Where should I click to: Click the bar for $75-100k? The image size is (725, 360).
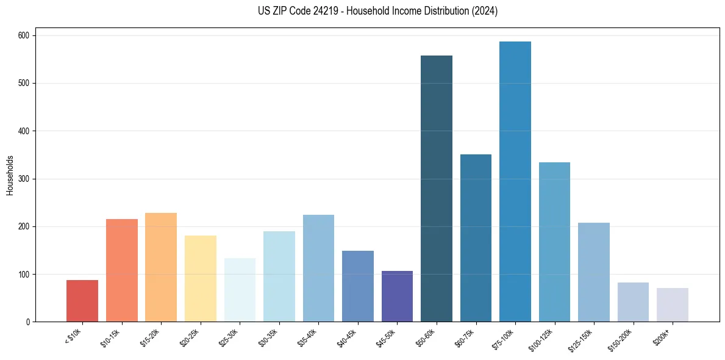[x=515, y=183]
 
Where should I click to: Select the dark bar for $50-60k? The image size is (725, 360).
[x=437, y=189]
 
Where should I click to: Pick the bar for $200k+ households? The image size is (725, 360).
[x=673, y=305]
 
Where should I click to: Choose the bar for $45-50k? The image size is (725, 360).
[x=397, y=297]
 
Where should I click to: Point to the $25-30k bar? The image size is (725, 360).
[x=240, y=290]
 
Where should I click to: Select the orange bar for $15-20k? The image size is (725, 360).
[x=161, y=267]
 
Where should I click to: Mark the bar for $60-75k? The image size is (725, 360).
[x=476, y=238]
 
